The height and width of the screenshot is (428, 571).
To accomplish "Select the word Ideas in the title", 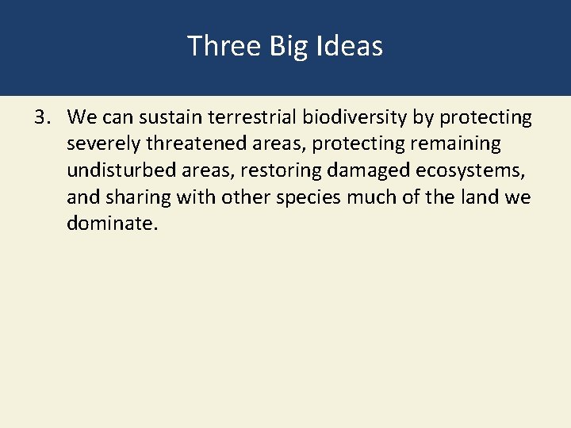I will pos(352,46).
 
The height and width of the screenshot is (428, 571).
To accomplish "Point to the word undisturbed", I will pos(118,170).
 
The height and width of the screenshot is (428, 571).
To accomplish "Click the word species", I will pos(297,197).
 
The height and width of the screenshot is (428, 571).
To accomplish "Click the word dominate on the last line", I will pos(112,224).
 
